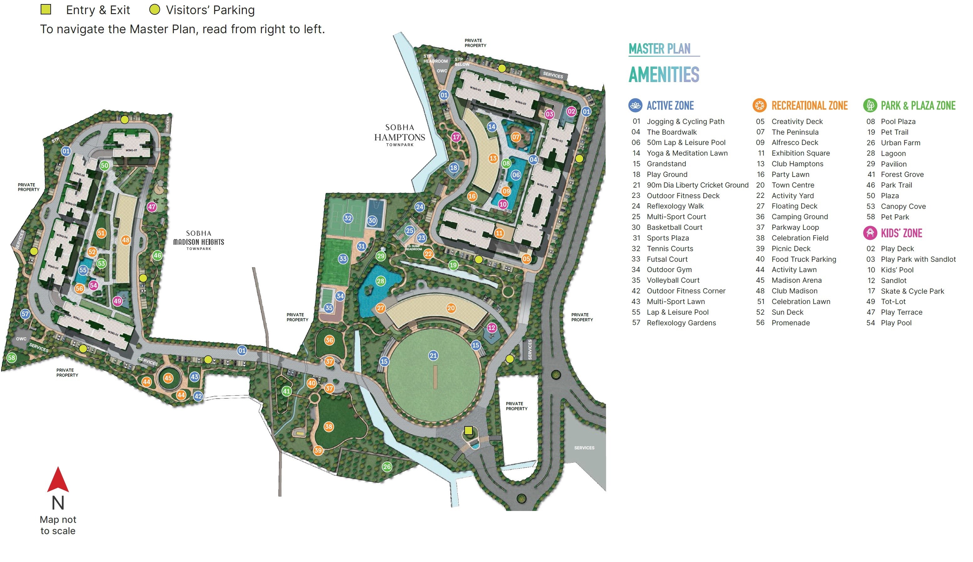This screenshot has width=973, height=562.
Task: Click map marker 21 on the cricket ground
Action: tap(433, 355)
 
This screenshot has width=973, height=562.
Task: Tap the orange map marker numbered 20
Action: tap(451, 308)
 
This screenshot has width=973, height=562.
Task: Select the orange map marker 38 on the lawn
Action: tap(329, 426)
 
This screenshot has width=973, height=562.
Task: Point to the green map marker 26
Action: tap(387, 467)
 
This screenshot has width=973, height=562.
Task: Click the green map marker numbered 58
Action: tap(12, 358)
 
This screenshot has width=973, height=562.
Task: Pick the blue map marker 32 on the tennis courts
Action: tap(348, 218)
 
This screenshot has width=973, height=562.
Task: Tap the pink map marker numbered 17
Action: tap(456, 137)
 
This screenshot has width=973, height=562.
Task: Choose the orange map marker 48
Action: tap(126, 240)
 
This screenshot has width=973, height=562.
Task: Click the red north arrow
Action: tap(58, 480)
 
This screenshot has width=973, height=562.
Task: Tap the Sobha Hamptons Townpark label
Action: tap(400, 135)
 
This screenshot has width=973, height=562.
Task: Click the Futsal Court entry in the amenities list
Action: tap(667, 259)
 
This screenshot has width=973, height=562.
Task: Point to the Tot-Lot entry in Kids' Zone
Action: tap(893, 302)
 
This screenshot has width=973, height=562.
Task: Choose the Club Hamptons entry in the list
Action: tap(797, 164)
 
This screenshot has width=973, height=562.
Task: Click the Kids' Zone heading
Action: tap(901, 233)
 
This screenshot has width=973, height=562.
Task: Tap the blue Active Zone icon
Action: tap(635, 106)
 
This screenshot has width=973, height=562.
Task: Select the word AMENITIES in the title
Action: tap(664, 75)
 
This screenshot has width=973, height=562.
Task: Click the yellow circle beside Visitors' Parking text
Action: tap(155, 10)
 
